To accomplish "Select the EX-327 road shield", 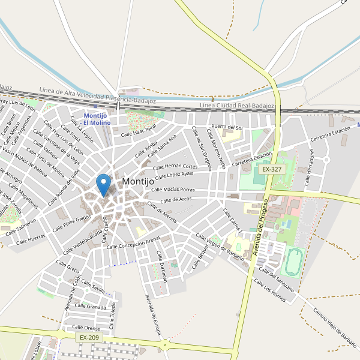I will pos(272,170).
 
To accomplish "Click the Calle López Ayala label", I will pos(174,176).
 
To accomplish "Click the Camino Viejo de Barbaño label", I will pos(334,328).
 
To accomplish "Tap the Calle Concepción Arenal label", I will pos(133,243).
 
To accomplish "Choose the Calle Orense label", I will pos(86,328).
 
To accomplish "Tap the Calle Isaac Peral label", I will pos(139,131).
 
